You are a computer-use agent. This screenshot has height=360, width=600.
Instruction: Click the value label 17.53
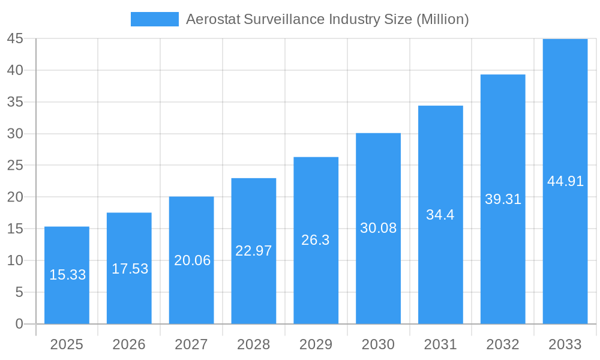[130, 269]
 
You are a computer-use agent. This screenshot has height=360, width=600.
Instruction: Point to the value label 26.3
[316, 240]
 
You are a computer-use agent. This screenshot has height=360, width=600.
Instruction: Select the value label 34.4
[440, 215]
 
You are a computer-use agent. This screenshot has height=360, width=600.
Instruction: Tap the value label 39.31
[503, 199]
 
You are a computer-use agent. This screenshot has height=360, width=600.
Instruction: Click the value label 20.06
[192, 260]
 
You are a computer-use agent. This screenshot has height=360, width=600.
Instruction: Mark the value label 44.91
[565, 181]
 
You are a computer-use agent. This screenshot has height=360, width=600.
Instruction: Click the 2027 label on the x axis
[191, 344]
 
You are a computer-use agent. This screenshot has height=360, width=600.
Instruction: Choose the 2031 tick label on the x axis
[440, 344]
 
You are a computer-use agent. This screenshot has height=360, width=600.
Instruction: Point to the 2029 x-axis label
[316, 344]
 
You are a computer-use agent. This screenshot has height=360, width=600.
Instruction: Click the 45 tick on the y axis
[15, 39]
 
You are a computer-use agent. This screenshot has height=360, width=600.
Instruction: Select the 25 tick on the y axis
[15, 166]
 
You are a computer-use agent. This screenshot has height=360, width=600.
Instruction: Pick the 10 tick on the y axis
[15, 260]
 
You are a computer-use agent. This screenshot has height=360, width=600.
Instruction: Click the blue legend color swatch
[155, 19]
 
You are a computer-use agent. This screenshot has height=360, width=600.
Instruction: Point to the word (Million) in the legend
[442, 19]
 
